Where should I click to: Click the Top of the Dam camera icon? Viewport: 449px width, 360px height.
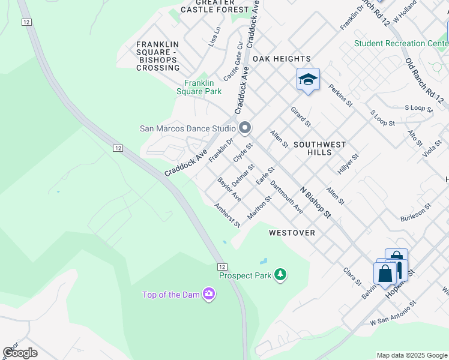tap(208, 294)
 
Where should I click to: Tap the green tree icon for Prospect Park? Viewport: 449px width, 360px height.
tap(280, 275)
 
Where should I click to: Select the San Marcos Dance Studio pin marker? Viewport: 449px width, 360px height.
tap(244, 128)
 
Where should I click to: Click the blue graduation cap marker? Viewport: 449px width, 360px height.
tap(308, 80)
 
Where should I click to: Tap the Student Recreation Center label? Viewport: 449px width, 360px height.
tap(400, 43)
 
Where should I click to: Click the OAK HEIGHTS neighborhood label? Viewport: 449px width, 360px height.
tap(282, 59)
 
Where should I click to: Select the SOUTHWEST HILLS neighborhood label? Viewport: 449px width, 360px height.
tap(319, 148)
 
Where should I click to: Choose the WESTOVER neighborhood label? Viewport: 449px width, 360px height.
tap(292, 232)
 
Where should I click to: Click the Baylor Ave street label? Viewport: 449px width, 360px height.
tap(229, 189)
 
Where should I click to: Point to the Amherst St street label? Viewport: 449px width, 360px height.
tap(228, 215)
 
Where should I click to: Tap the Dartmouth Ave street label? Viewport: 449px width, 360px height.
tap(286, 196)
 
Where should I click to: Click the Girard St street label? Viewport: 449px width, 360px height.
tap(301, 117)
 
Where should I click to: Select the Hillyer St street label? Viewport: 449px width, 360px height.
tap(348, 163)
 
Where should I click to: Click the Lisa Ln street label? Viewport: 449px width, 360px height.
tap(214, 37)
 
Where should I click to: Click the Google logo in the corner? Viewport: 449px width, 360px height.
tap(20, 352)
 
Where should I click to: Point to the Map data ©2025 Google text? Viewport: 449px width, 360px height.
tap(411, 355)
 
